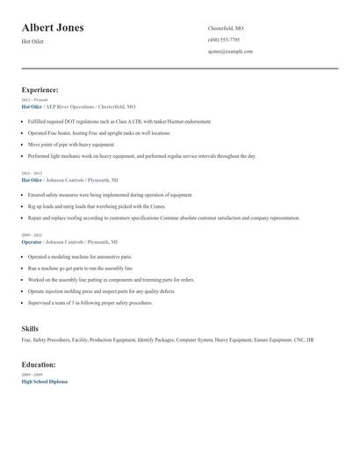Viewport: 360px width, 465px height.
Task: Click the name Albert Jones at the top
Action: [x=53, y=28]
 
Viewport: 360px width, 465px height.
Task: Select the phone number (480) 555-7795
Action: [x=224, y=39]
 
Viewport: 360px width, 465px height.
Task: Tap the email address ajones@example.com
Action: [x=230, y=51]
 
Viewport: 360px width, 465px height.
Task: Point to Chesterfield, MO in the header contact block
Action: [x=226, y=28]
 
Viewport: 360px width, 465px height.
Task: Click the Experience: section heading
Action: [x=40, y=89]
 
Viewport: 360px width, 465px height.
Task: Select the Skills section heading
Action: [x=30, y=328]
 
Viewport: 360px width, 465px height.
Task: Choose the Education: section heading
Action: [x=39, y=364]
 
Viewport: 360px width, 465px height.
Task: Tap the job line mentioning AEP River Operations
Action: [x=78, y=106]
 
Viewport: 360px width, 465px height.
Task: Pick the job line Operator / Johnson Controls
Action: [x=68, y=241]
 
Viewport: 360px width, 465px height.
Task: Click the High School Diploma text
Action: [x=44, y=382]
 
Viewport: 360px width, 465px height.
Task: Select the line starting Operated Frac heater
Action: [x=98, y=132]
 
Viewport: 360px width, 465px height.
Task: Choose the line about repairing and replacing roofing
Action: [x=163, y=218]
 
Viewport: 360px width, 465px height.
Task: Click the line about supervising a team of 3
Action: [x=90, y=302]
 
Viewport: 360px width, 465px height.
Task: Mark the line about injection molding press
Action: [x=101, y=290]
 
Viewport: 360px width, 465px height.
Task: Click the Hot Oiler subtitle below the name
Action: [x=32, y=41]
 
